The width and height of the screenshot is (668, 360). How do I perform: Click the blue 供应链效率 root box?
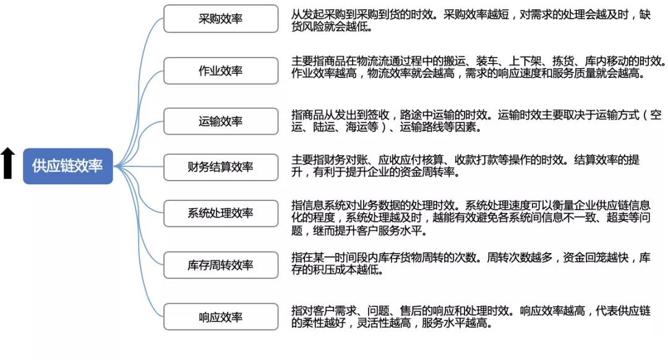68,166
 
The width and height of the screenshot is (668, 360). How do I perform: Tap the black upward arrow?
7,163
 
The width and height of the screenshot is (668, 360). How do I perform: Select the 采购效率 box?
221,19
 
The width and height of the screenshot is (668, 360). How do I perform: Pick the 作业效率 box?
221,71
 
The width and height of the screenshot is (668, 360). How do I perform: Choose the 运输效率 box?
221,121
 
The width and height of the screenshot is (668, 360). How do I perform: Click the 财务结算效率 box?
221,167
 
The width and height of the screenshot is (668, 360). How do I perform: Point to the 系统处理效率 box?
221,213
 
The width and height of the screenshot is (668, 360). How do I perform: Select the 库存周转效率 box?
221,265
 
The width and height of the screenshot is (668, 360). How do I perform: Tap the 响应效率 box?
221,317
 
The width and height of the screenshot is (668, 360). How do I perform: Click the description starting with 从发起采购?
471,20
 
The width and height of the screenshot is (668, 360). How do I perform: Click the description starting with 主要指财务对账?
465,166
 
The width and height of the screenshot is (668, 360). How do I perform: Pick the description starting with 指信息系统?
471,218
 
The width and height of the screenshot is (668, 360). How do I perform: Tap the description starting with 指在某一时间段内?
471,264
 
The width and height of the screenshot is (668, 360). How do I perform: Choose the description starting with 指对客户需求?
471,317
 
